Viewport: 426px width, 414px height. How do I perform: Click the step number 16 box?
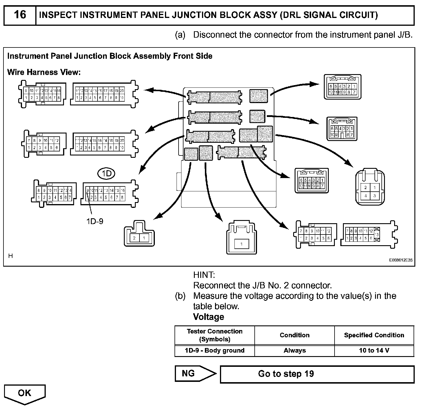point(20,15)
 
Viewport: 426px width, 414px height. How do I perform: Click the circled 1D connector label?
point(106,173)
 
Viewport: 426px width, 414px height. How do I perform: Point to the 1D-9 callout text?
point(95,221)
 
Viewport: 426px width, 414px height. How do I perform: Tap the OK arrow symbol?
point(25,394)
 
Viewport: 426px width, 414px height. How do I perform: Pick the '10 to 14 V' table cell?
point(374,351)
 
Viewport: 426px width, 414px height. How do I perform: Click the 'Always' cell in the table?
point(295,351)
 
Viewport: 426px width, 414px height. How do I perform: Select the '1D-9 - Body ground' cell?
point(215,351)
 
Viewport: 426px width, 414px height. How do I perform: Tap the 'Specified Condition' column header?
point(374,335)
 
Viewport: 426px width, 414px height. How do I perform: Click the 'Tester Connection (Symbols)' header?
point(215,335)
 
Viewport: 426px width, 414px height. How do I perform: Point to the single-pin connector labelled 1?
point(241,239)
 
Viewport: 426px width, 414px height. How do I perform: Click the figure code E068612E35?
point(401,260)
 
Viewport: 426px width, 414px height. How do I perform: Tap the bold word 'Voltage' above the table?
point(208,317)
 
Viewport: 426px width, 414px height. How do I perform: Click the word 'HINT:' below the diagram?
point(204,275)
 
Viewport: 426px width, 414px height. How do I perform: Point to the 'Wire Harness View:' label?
point(44,72)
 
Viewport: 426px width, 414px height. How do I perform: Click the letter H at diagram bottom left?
point(11,256)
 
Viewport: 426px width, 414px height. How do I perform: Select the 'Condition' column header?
point(295,335)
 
